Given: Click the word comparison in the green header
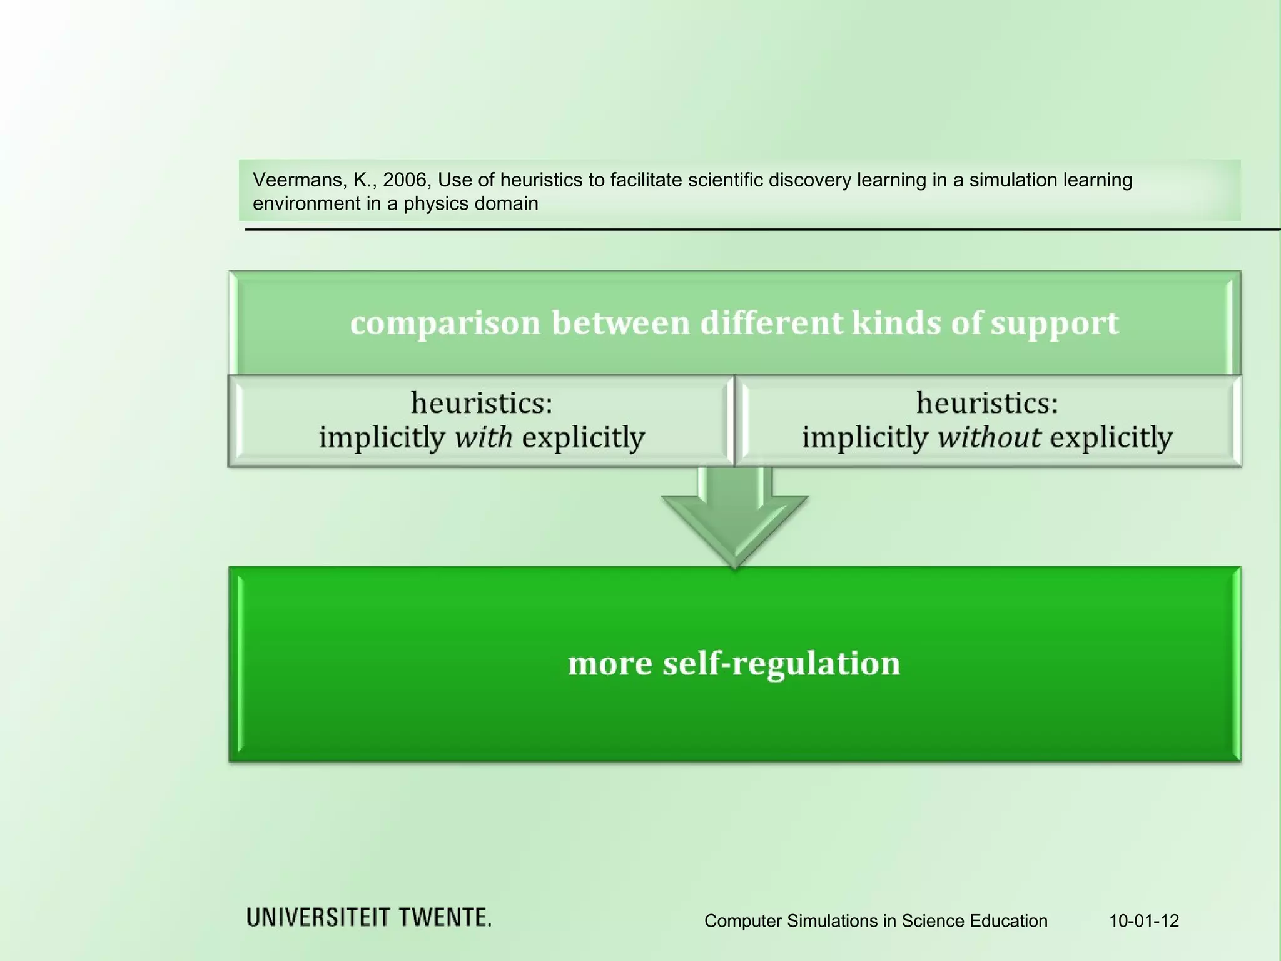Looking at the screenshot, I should pos(445,323).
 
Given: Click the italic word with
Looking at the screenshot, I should pos(483,437).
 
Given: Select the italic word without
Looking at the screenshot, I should pos(989,437).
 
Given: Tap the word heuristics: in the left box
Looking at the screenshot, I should pos(482,402).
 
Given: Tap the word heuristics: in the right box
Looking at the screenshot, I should pos(987,402).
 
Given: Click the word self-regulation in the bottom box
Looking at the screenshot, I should pos(781,664).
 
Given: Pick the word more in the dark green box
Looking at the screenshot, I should pos(610,664).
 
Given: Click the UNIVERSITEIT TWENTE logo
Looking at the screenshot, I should pos(368,918).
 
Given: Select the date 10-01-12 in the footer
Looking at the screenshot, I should pos(1144,921).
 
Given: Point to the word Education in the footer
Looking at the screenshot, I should pos(1008,921).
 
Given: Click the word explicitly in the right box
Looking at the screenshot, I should pos(1111,437).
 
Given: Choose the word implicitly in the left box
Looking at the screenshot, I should pos(382,437).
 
